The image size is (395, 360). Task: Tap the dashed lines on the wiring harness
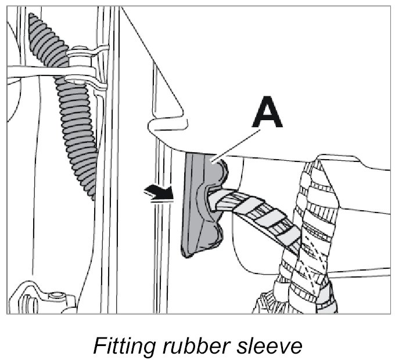click(x=311, y=255)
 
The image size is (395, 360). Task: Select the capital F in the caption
click(x=99, y=346)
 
